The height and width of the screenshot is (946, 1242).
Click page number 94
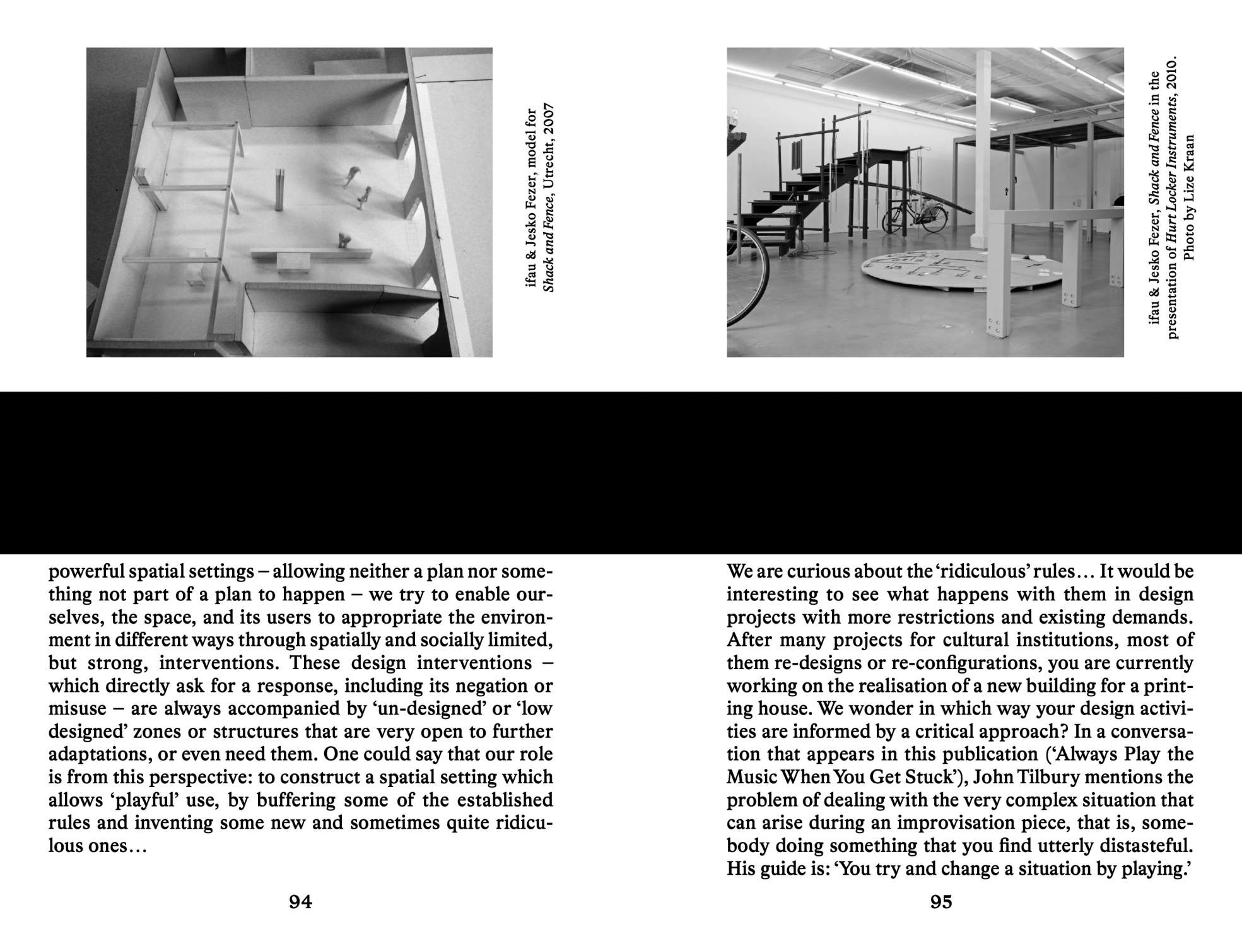(x=300, y=902)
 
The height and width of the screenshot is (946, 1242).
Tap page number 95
(x=940, y=902)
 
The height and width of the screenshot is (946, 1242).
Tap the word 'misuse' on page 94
(x=78, y=709)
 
